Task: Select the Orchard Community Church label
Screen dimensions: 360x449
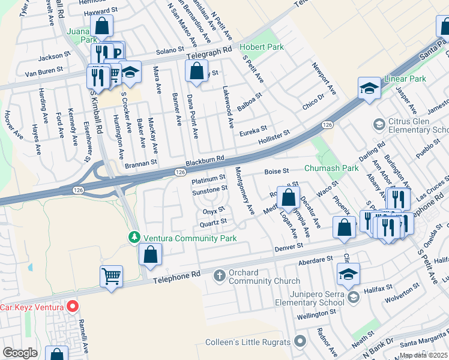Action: (264, 277)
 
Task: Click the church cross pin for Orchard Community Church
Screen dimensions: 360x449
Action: (220, 275)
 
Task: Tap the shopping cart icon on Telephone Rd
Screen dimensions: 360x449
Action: (111, 276)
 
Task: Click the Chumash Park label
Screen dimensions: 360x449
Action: (331, 169)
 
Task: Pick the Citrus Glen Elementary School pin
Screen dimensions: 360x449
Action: (379, 124)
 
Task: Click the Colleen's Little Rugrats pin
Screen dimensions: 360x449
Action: (300, 342)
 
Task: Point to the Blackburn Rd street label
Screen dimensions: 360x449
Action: (205, 158)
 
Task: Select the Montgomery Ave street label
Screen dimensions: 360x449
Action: (245, 191)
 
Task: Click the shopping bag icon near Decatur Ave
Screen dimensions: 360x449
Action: (288, 197)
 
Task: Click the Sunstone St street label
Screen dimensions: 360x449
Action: (209, 188)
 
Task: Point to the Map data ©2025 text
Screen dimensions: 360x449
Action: (423, 355)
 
